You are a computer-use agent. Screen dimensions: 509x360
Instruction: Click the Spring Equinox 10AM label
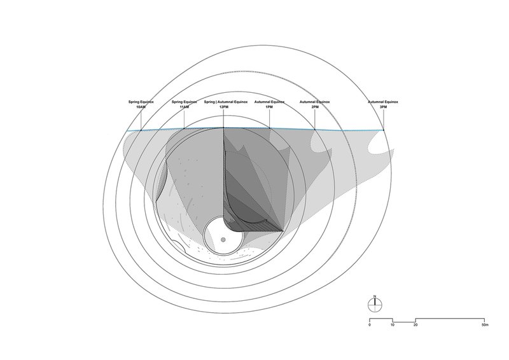pos(141,104)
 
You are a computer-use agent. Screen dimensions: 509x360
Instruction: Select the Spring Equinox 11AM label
pos(184,104)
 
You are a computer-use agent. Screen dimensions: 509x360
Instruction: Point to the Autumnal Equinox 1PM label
pos(269,104)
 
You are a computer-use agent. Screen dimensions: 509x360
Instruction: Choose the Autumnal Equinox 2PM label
pos(314,104)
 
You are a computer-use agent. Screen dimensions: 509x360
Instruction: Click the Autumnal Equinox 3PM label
pos(383,104)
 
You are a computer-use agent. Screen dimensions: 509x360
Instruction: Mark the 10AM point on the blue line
pos(141,130)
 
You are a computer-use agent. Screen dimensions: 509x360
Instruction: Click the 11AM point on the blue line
pos(184,129)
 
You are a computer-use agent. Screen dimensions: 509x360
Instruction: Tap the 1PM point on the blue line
pos(269,128)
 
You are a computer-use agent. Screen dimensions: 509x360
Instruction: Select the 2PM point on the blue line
pos(315,130)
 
